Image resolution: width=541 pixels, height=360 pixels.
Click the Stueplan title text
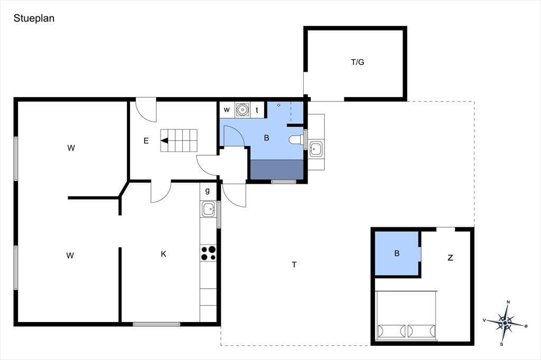click(x=34, y=18)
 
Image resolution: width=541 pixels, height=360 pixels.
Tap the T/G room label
click(x=358, y=62)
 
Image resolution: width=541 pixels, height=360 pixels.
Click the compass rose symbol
click(x=505, y=323)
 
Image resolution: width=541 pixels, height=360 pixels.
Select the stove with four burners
click(x=208, y=253)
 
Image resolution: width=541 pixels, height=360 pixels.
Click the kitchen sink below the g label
click(x=208, y=209)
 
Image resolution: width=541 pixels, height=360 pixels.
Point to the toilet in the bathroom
click(x=296, y=139)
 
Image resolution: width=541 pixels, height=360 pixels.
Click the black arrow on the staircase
click(x=164, y=140)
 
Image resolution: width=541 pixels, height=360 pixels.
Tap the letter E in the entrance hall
click(x=146, y=141)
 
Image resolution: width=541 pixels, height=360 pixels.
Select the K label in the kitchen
click(x=164, y=254)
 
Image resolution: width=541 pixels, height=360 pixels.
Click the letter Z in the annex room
click(x=450, y=258)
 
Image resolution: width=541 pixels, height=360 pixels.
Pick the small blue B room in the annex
click(x=397, y=253)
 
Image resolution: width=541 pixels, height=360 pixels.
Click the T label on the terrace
click(x=294, y=265)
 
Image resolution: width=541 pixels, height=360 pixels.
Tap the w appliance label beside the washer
click(x=227, y=110)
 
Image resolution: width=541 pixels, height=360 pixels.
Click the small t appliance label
click(x=257, y=110)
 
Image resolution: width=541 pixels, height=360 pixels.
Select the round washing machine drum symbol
click(x=242, y=110)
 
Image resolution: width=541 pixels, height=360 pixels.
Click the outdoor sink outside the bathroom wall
click(x=315, y=149)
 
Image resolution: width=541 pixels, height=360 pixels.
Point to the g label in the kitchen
click(x=207, y=191)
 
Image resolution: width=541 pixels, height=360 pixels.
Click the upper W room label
click(x=71, y=148)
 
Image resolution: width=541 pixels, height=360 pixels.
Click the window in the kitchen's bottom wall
click(x=156, y=324)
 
